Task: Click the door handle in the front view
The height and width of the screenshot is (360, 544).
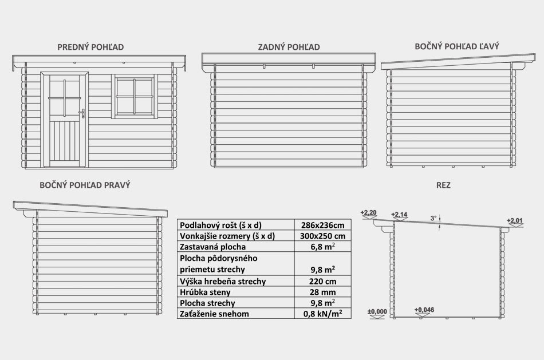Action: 83,113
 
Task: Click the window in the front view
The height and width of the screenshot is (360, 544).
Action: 135,96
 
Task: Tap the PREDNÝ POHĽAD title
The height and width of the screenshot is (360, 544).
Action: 90,47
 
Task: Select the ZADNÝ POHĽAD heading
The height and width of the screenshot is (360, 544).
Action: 289,47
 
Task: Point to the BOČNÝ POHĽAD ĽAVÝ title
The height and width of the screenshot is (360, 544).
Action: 457,46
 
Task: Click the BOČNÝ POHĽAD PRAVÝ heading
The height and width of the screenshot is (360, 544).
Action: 85,185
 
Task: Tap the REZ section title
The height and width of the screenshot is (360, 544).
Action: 443,185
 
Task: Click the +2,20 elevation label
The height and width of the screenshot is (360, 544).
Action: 368,212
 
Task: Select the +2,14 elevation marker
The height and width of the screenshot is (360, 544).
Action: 399,214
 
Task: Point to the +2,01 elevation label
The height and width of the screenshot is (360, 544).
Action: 515,220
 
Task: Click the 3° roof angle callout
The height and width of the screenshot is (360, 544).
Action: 433,218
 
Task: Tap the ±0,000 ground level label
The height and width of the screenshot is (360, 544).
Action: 377,311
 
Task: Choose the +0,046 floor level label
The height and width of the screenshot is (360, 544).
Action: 424,310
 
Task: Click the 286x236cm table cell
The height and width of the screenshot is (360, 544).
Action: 322,225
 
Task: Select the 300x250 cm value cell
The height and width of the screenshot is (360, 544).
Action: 322,236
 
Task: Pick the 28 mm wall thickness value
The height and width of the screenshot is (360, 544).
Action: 322,292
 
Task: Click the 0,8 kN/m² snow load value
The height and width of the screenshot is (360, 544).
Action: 322,314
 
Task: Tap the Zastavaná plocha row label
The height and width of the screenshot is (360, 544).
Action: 212,247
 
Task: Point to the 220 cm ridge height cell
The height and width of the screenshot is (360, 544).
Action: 322,281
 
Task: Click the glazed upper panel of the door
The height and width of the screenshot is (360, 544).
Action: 65,98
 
